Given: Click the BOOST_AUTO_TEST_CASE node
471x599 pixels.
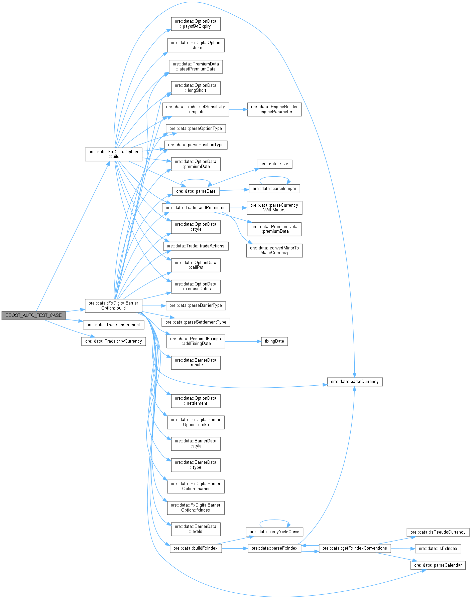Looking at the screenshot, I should [x=33, y=315].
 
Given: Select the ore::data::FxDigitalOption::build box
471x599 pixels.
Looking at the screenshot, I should [x=113, y=154].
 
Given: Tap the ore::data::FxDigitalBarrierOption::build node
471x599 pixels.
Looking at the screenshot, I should [x=113, y=306].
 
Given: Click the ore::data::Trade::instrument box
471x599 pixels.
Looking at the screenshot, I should [x=113, y=325].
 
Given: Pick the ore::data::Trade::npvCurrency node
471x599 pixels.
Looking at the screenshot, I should [x=113, y=341].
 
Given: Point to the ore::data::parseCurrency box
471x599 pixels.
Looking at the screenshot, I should [x=355, y=382].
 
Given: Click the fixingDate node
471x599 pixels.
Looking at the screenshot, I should [x=274, y=341].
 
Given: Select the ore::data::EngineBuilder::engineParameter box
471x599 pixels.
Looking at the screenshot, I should [x=274, y=109].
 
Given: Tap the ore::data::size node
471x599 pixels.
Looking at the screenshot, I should [x=274, y=164].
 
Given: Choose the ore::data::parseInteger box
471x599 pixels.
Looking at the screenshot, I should [x=274, y=189].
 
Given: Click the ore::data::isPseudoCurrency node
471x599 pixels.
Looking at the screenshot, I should [x=438, y=532].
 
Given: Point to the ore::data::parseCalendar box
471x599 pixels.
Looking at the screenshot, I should [x=438, y=565].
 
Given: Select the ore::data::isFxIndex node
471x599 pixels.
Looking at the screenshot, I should [x=438, y=549].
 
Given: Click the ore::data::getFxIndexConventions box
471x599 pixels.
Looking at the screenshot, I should [x=355, y=548].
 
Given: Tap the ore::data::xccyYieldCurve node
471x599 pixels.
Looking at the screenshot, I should [x=274, y=532].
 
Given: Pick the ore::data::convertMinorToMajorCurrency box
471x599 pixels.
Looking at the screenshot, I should [x=274, y=250].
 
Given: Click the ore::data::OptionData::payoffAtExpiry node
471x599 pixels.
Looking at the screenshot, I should [x=196, y=24].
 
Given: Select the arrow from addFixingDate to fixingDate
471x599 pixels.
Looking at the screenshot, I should [x=243, y=341].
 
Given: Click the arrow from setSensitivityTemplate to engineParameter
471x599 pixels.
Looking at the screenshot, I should [x=238, y=109].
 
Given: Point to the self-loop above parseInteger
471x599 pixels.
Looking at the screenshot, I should [x=274, y=177].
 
